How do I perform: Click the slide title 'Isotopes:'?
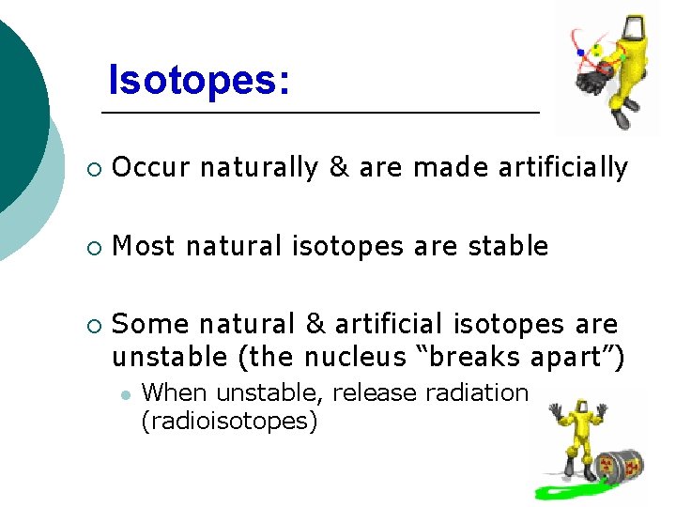pyautogui.click(x=198, y=80)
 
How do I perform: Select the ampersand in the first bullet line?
pyautogui.click(x=338, y=168)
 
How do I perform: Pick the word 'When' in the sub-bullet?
pyautogui.click(x=169, y=392)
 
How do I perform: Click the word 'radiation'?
pyautogui.click(x=477, y=392)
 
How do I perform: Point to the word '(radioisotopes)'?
pyautogui.click(x=229, y=421)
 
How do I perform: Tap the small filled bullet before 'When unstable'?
pyautogui.click(x=123, y=394)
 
